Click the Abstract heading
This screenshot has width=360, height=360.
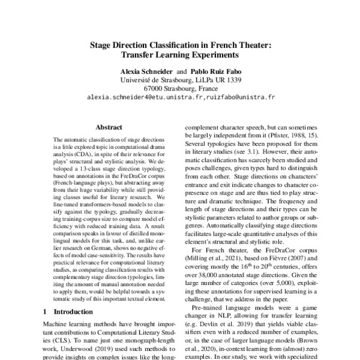[109, 127]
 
